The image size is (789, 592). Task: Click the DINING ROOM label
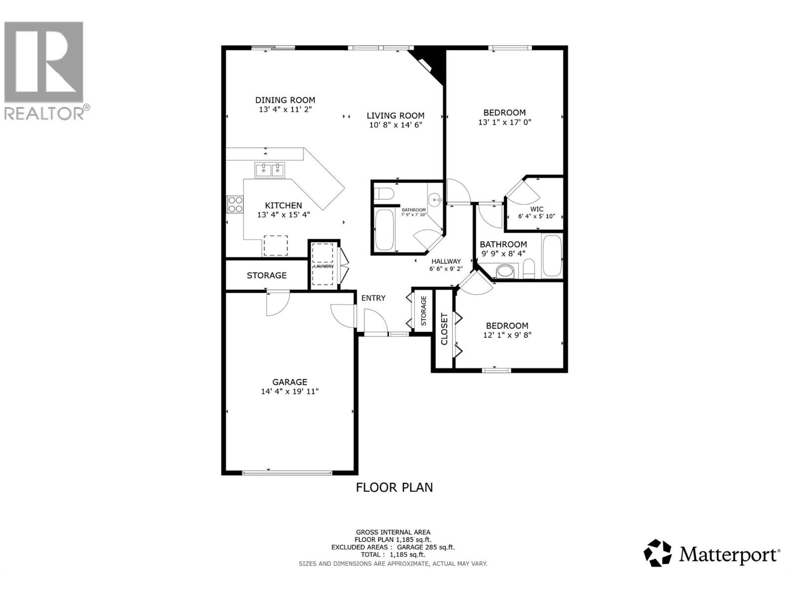click(x=285, y=100)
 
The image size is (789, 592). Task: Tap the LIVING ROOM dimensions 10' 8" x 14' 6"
click(x=395, y=125)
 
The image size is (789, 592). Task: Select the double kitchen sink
click(x=269, y=171)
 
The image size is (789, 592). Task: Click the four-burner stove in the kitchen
click(x=235, y=204)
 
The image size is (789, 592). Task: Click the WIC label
click(x=537, y=209)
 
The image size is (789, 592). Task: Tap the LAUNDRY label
click(x=324, y=266)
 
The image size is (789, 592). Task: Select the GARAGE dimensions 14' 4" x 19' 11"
click(x=290, y=392)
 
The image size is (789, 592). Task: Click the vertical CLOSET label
click(x=444, y=329)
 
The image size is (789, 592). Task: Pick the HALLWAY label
click(x=446, y=261)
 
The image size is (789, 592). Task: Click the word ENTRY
click(x=373, y=298)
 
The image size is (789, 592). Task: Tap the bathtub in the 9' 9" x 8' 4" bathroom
click(x=552, y=257)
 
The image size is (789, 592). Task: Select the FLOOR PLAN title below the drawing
click(x=394, y=487)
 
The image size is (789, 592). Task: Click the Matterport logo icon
click(x=658, y=553)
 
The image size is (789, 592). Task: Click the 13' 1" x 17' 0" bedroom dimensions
click(x=504, y=122)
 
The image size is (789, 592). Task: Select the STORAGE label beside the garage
click(x=266, y=275)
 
